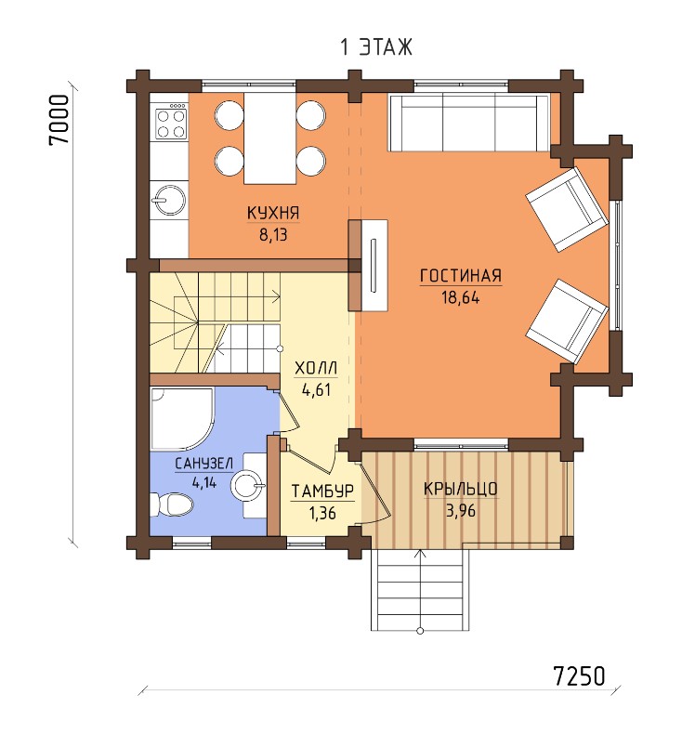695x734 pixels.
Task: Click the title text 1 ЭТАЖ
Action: tap(376, 47)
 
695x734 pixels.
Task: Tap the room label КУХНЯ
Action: tap(273, 213)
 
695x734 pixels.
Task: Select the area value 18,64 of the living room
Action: tap(461, 297)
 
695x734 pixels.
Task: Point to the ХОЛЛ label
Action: tap(316, 369)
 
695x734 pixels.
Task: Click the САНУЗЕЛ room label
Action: tap(203, 464)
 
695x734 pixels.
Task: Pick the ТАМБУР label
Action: tap(322, 492)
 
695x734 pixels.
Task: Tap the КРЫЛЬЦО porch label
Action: tap(461, 489)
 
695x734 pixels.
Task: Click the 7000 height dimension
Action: tap(59, 120)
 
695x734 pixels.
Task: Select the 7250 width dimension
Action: tap(580, 675)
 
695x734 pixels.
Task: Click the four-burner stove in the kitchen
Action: tap(171, 121)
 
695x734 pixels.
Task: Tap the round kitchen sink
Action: tap(169, 200)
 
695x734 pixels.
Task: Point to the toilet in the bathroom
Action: tap(172, 505)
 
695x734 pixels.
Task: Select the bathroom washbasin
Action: tap(249, 485)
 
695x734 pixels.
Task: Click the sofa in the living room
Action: tap(468, 123)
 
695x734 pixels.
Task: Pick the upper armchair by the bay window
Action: tap(567, 209)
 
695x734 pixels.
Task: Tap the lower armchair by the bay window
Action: tap(567, 321)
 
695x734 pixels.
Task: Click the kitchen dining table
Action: tap(270, 138)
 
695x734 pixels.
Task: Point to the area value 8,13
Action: tap(273, 234)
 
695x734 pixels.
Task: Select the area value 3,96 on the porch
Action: tap(461, 510)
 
